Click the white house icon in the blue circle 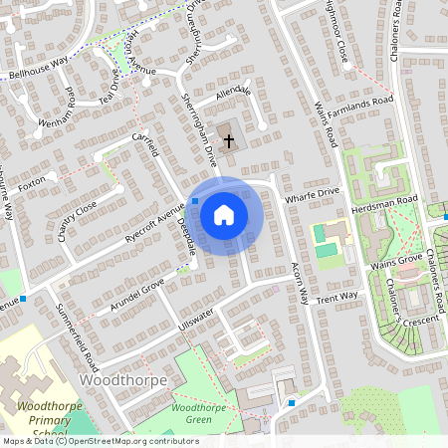(x=224, y=214)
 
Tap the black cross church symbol (x=229, y=140)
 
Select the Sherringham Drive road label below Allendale (x=199, y=129)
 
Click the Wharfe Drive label (x=313, y=193)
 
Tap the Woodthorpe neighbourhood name (x=121, y=381)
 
